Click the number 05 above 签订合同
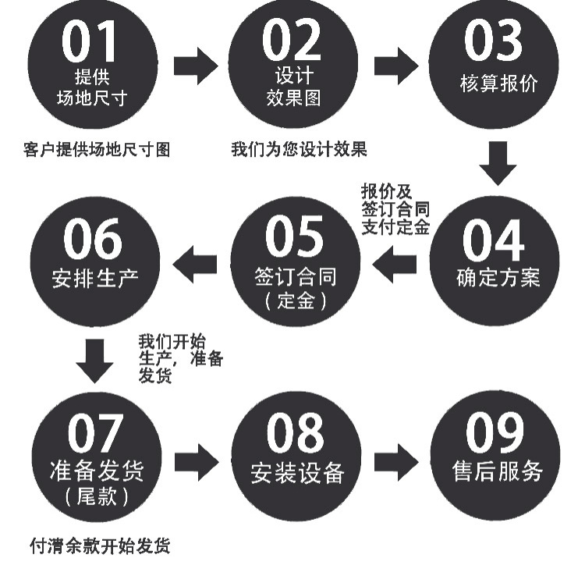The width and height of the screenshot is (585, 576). coord(294,237)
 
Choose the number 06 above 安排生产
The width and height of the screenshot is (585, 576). coord(93,240)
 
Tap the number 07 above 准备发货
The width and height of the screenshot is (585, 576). coord(95,434)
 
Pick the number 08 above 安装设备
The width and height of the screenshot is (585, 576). coord(295,434)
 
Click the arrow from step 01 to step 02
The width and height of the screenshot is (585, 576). coord(195,66)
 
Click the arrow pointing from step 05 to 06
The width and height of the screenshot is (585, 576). coord(195,266)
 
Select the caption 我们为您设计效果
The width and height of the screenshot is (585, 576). coord(300,149)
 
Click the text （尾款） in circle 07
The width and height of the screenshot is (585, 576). coord(94,496)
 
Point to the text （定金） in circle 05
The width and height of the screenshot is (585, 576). coord(294,300)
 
